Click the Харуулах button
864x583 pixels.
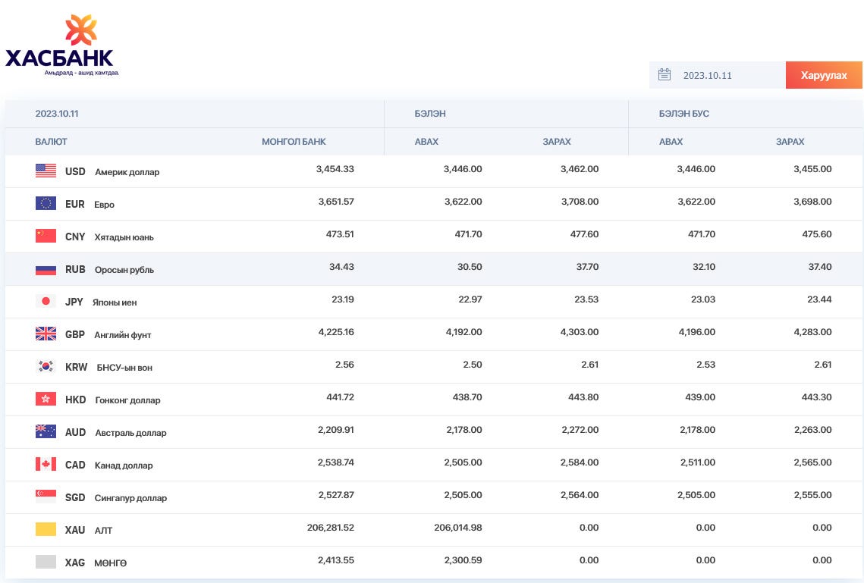point(824,75)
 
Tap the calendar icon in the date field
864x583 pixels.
point(664,74)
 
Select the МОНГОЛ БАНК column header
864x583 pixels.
point(294,142)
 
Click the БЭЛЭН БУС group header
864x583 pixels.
point(683,114)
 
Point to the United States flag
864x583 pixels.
point(46,171)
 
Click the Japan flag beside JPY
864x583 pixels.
point(46,301)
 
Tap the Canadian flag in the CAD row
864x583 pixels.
point(46,464)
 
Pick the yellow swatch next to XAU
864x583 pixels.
point(46,529)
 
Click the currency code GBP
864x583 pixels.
point(75,335)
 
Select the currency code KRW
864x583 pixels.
point(76,367)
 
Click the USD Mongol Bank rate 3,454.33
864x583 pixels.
point(335,169)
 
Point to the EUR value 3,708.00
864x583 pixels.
point(580,202)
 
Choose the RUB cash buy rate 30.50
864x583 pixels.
point(470,266)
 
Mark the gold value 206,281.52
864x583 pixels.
point(331,528)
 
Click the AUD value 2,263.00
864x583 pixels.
point(812,429)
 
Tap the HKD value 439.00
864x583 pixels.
point(700,397)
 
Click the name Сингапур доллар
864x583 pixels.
point(130,497)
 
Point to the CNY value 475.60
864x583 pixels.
point(817,234)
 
